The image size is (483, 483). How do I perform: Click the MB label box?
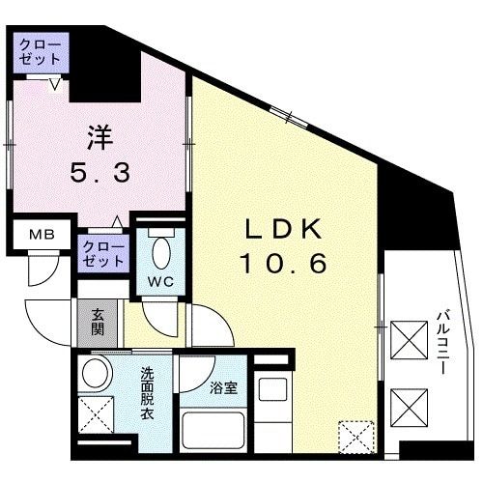coord(40,235)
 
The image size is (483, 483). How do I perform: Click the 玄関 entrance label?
coord(99,322)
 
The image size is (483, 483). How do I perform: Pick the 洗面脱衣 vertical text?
coord(146,390)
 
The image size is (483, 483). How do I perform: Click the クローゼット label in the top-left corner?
coord(40,51)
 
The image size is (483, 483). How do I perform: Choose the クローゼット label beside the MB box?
coord(102,254)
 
